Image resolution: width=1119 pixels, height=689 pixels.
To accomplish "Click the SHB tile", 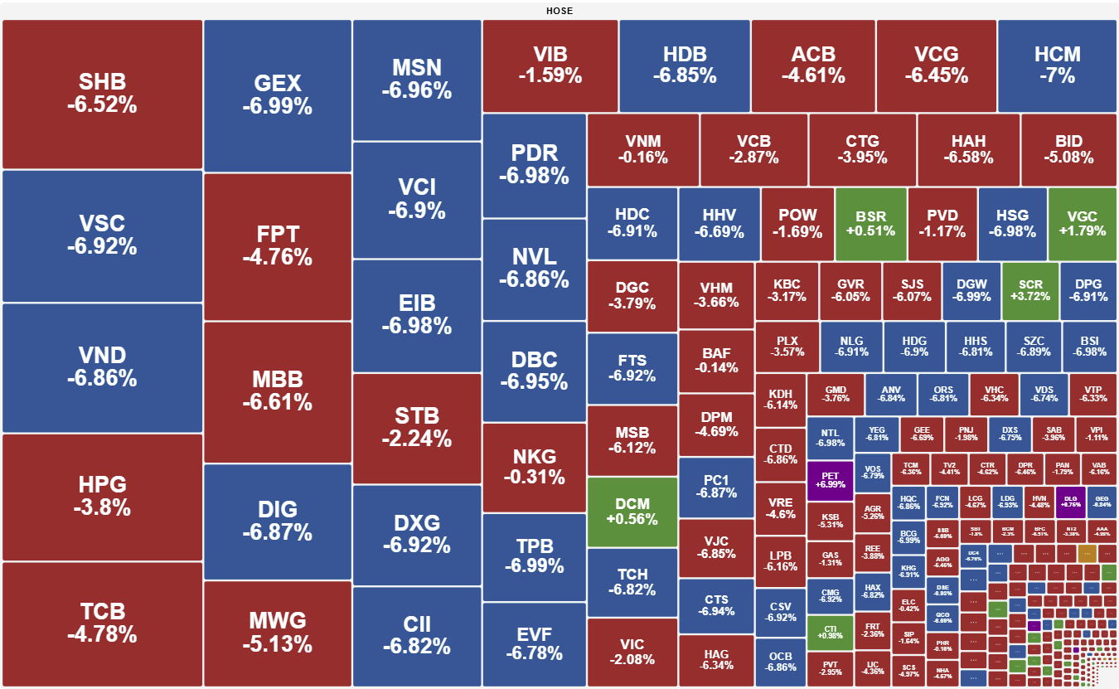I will coord(103,94).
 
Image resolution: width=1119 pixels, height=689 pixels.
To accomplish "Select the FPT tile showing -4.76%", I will coord(277,246).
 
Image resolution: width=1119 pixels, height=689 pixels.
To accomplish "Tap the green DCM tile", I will coord(632,512).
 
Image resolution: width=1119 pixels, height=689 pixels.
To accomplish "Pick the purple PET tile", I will coord(830,479).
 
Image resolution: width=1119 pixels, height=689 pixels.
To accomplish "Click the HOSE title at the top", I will coord(559,11).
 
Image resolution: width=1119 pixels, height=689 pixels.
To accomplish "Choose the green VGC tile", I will coord(1082,224).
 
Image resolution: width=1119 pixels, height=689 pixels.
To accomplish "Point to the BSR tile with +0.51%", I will coord(871,224).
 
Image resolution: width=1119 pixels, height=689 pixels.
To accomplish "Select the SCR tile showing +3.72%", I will coord(1030,290).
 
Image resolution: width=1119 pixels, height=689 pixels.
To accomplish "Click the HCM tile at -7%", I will coord(1057,66).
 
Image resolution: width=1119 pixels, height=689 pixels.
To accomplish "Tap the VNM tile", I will coord(643,149).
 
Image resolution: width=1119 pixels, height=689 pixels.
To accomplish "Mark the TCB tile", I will coord(103,623).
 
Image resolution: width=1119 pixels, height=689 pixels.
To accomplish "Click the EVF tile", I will coord(534,643).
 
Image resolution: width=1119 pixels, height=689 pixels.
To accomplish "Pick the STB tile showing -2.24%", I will coord(416,427).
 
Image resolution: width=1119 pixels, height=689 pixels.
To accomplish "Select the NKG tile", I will coord(534,467).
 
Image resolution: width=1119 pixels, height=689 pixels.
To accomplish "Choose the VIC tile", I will coord(632,652).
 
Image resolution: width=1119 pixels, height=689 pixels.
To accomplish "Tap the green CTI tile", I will coord(830,632).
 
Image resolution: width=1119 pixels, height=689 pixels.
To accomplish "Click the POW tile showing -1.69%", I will coord(797,224).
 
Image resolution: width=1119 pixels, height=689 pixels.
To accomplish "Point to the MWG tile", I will coord(277,632).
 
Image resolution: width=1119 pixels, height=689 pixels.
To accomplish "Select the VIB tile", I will coord(550,66).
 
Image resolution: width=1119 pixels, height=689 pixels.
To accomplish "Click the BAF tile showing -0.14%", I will coord(716,360).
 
